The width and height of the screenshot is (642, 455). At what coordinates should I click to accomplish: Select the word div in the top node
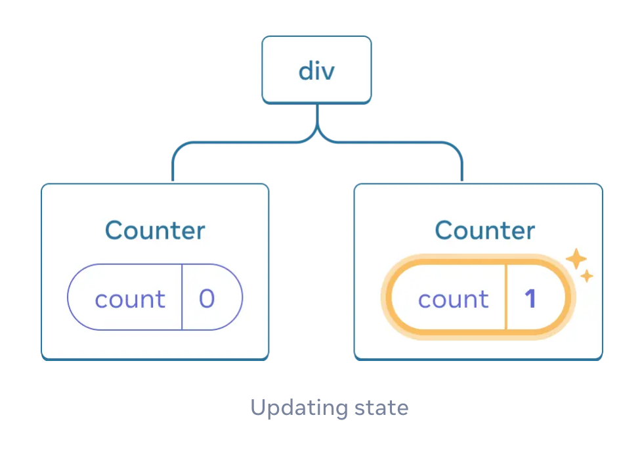(316, 70)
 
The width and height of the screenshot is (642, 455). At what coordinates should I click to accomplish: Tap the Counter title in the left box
(155, 231)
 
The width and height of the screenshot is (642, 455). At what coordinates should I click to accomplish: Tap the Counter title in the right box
(484, 231)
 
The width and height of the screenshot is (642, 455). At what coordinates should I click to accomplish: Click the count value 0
(207, 299)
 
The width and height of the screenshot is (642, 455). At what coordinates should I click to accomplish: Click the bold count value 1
(530, 299)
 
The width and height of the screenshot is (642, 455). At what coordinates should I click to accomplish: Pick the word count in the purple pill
(130, 300)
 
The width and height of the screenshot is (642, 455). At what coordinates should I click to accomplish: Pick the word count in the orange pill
(454, 300)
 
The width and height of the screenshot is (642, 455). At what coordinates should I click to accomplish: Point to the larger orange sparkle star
(576, 258)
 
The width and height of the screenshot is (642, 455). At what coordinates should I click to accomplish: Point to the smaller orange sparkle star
(588, 276)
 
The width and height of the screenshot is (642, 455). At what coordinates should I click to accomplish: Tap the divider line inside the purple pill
(182, 297)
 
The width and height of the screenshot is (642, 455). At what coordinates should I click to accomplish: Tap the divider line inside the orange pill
(506, 297)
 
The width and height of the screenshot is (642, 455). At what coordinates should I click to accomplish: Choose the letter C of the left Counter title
(114, 231)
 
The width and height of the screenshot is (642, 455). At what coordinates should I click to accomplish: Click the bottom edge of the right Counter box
(478, 358)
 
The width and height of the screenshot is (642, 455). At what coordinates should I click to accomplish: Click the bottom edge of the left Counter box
(155, 358)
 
